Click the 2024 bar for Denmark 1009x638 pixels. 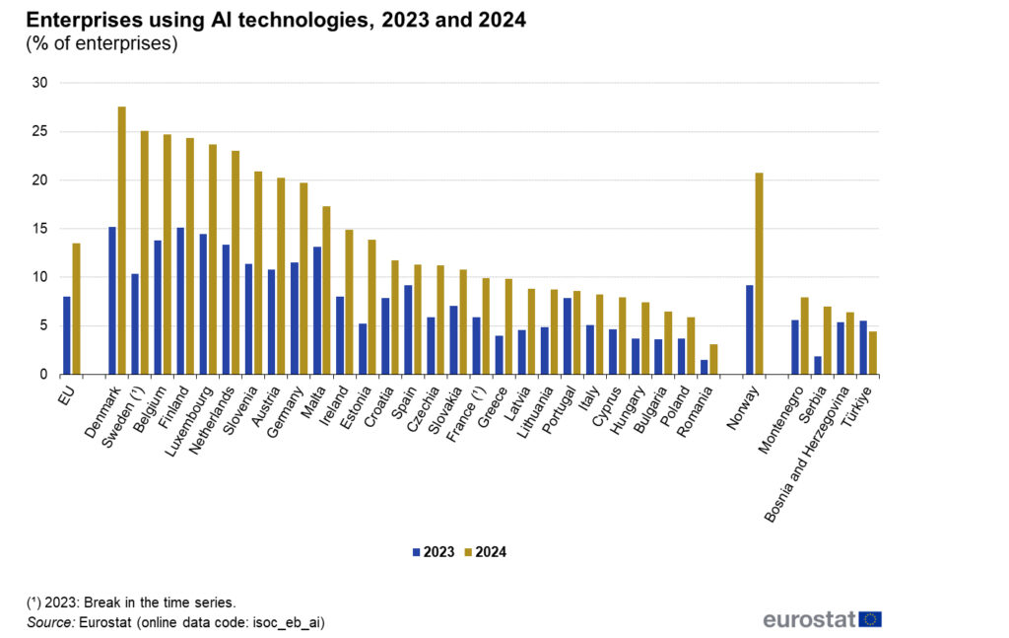(122, 241)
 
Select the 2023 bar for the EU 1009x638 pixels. (66, 335)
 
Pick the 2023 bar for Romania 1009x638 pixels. (704, 367)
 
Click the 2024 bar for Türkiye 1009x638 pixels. (873, 353)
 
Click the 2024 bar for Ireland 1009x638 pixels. (349, 302)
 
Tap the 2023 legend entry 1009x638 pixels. (434, 552)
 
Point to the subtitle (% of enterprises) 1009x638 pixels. (101, 44)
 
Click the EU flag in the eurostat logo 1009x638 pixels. (870, 619)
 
